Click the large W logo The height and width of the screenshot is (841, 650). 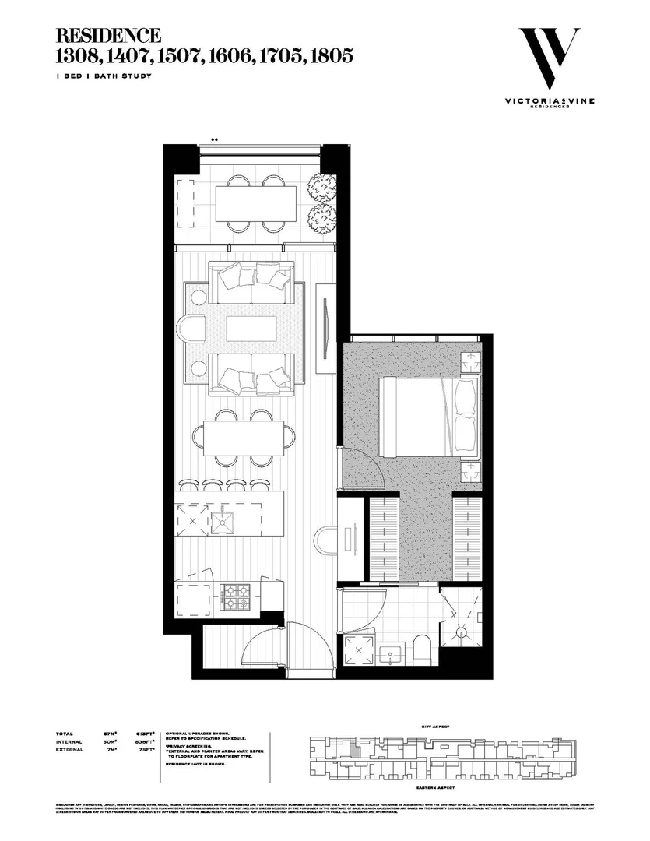(x=549, y=59)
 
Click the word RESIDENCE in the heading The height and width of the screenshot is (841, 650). (x=108, y=36)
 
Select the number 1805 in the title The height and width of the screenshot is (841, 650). (x=330, y=55)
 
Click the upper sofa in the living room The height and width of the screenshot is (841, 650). (x=251, y=284)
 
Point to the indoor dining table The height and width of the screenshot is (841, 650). (x=245, y=440)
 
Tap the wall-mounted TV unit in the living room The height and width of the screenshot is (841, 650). (x=325, y=321)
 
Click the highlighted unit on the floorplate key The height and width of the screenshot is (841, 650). (x=355, y=752)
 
